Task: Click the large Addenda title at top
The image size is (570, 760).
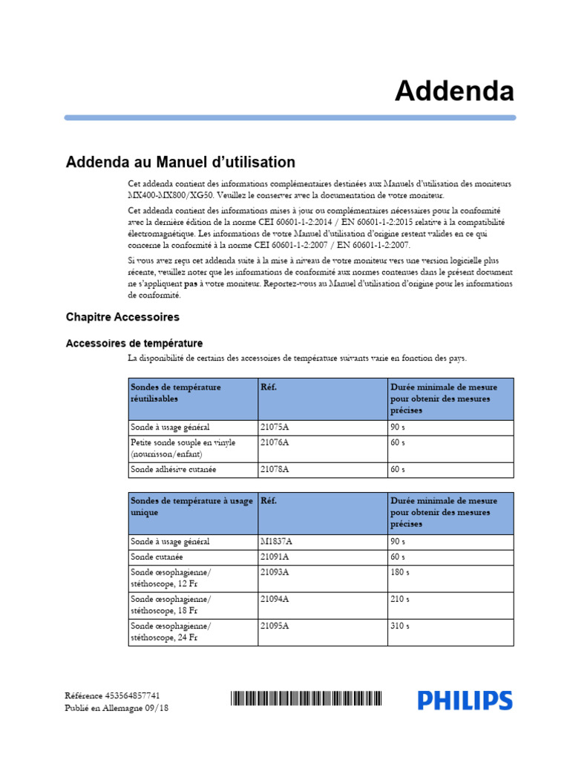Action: point(453,91)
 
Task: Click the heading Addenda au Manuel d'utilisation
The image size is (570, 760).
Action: point(180,162)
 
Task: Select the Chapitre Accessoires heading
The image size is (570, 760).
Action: point(122,317)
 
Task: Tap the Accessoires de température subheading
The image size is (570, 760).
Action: point(134,343)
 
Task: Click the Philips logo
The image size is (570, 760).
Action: point(465,700)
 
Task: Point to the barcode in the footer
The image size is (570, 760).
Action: point(307,698)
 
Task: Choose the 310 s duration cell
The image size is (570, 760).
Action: point(399,626)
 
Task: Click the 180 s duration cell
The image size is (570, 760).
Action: point(399,572)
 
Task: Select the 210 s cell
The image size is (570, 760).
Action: point(399,599)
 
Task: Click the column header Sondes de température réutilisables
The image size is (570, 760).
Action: point(176,393)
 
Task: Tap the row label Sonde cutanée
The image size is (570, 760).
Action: point(157,557)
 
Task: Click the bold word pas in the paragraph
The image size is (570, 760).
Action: point(191,284)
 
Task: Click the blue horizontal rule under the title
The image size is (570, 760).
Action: point(289,117)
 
